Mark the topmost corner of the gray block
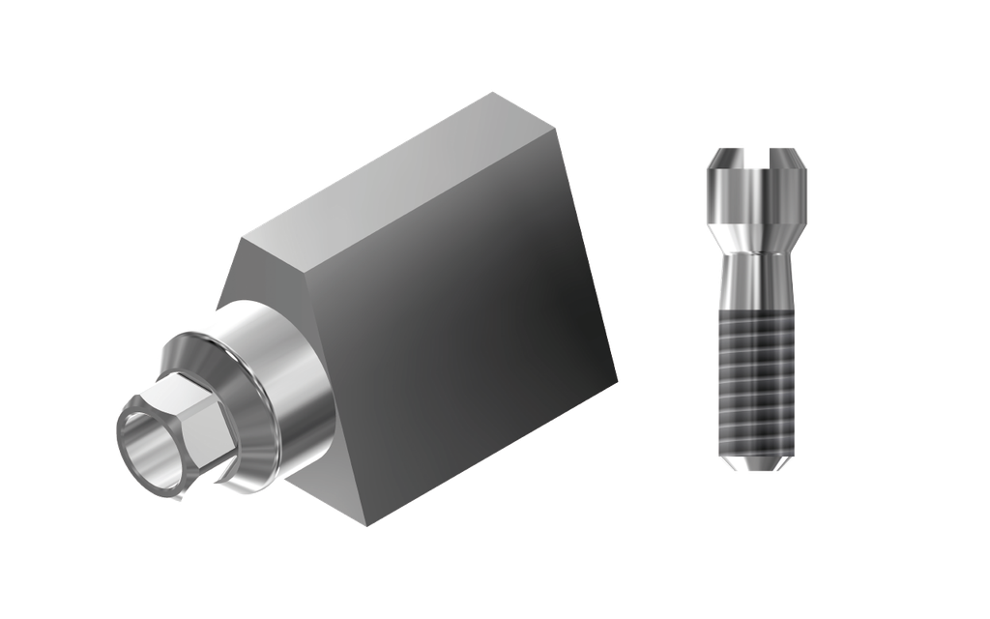pyautogui.click(x=493, y=91)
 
